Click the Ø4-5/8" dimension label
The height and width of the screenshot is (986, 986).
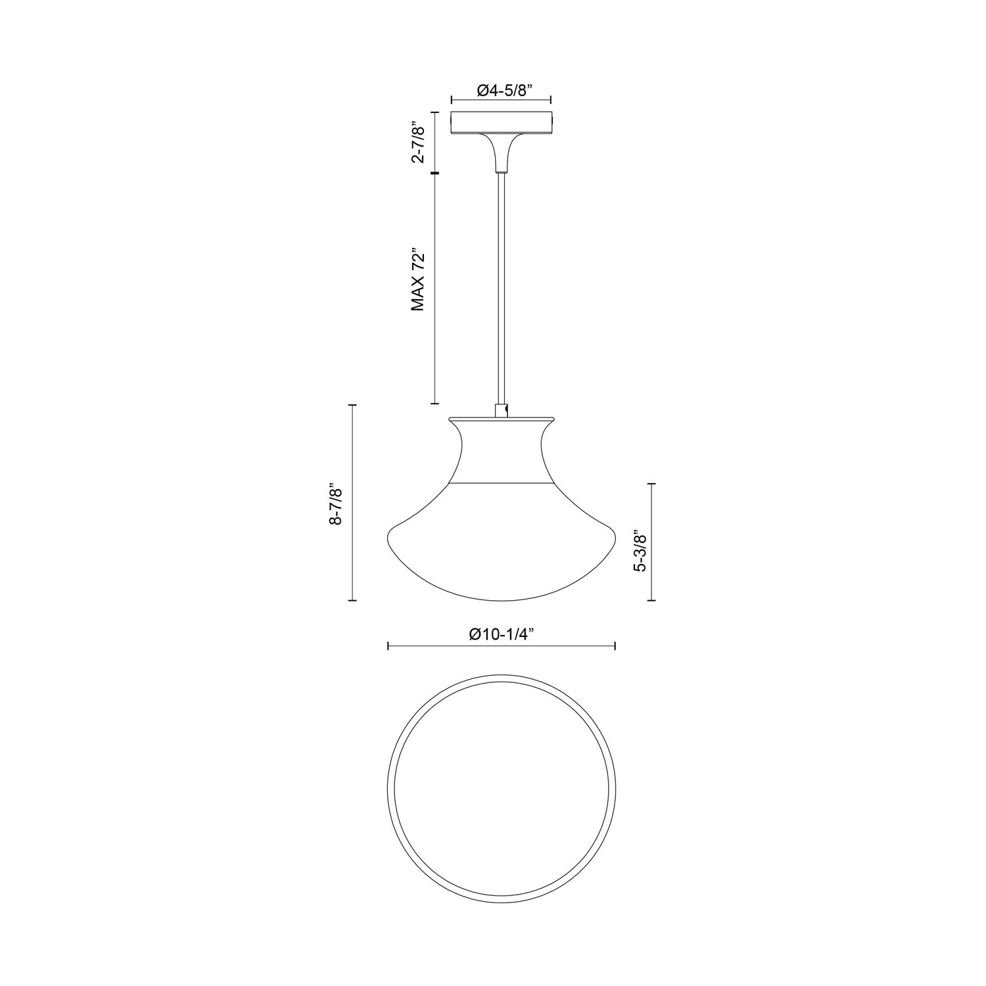coord(501,90)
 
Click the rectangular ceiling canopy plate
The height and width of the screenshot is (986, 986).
coord(501,123)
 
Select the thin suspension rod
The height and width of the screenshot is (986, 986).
coord(501,283)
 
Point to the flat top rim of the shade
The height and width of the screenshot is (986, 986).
coord(501,419)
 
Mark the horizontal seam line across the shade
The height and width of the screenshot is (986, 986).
coord(501,484)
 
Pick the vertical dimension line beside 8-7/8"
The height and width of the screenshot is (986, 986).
coord(354,503)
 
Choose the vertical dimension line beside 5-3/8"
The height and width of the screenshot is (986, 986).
coord(652,542)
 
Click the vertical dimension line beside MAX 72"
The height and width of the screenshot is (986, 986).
coord(434,289)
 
